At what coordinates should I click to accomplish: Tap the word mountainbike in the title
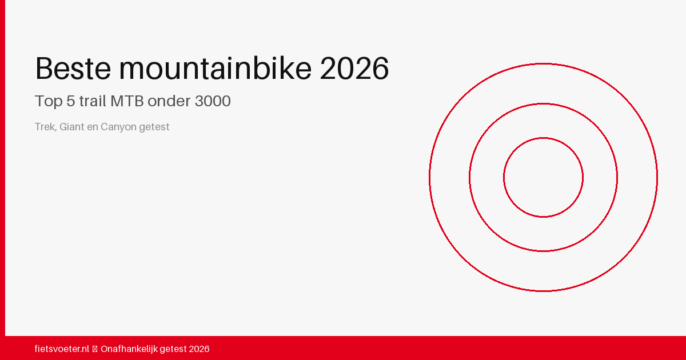(216, 69)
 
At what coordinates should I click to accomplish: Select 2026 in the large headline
(354, 69)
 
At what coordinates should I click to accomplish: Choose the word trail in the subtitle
(93, 101)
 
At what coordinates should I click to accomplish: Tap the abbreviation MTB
(127, 101)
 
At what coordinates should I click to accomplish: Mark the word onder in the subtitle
(169, 101)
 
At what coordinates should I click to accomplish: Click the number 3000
(213, 101)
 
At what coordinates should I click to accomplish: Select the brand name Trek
(45, 127)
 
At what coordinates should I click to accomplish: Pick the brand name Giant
(71, 127)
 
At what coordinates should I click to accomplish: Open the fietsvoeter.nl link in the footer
(62, 349)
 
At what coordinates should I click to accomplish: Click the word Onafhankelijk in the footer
(129, 349)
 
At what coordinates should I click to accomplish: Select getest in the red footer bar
(173, 349)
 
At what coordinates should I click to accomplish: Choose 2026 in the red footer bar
(199, 349)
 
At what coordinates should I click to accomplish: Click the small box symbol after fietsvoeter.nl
(95, 349)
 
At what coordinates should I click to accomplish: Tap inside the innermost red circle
(543, 177)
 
